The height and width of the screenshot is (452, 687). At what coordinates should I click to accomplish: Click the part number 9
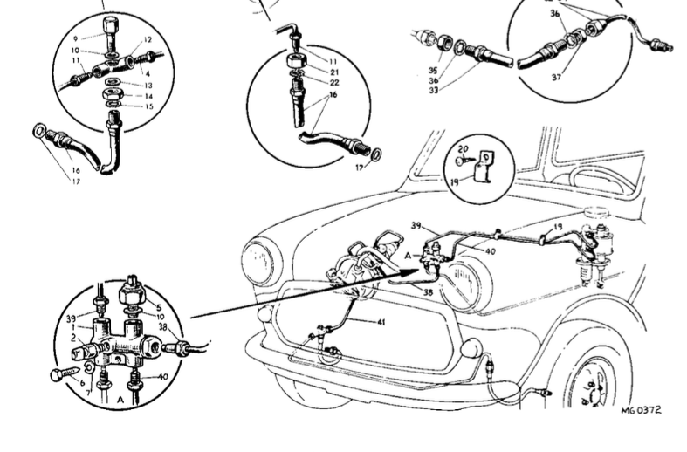(x=75, y=38)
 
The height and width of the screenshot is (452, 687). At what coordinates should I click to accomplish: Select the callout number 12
(x=148, y=39)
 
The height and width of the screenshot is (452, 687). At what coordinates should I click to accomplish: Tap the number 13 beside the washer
(x=148, y=85)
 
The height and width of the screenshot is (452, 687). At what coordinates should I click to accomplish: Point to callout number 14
(x=148, y=96)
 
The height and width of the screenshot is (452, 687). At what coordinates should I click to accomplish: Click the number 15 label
(x=148, y=106)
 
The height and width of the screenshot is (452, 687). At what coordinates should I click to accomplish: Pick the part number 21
(x=333, y=71)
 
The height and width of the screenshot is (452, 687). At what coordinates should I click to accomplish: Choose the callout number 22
(x=333, y=82)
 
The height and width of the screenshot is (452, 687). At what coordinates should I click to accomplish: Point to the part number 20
(x=463, y=149)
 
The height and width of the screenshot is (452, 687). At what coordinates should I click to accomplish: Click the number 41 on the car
(x=381, y=322)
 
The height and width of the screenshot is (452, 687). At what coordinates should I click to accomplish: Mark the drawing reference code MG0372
(x=641, y=410)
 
